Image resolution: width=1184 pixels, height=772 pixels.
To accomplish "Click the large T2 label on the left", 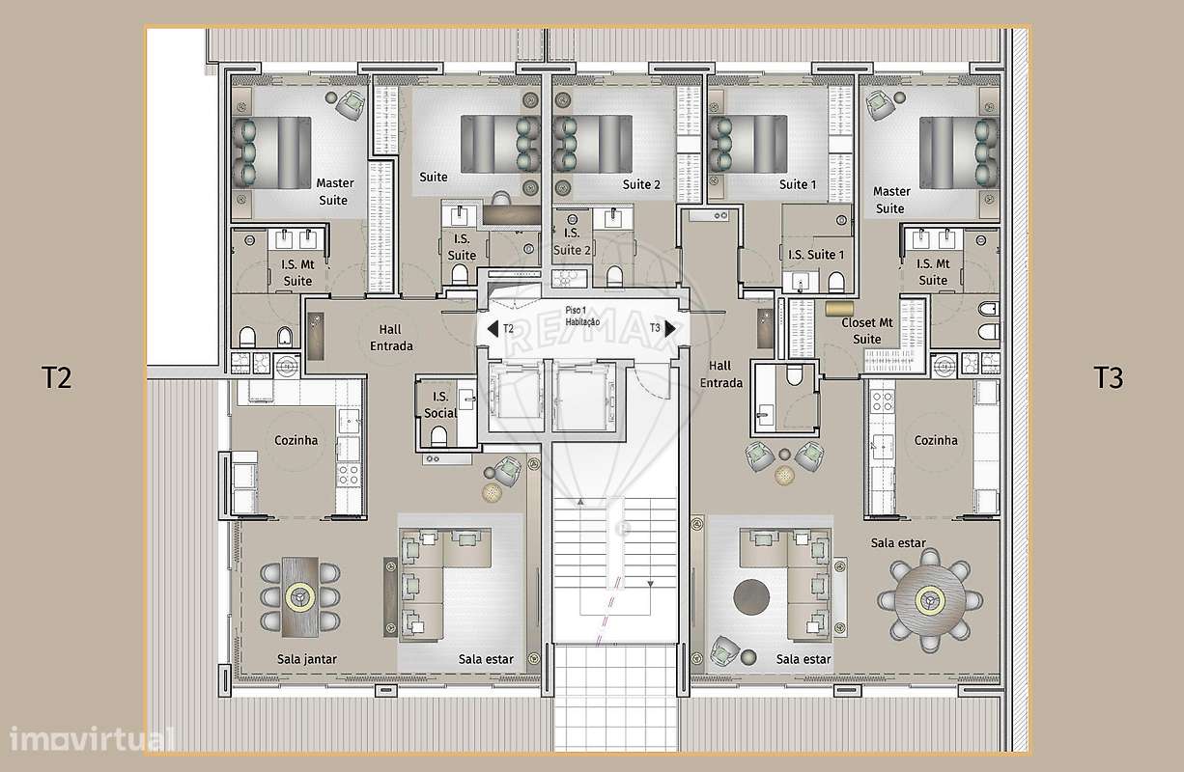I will [x=57, y=377].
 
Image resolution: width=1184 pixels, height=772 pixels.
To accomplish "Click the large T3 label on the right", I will [x=1109, y=377].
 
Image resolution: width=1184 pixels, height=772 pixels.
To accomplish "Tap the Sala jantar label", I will [x=306, y=659].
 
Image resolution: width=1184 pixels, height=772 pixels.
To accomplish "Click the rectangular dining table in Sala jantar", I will [x=300, y=596].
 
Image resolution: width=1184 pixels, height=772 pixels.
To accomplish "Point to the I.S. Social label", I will [x=440, y=404].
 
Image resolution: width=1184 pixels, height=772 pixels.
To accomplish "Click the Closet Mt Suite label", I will [x=867, y=331].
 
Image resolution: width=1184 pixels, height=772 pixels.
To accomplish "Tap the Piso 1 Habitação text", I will [x=582, y=316].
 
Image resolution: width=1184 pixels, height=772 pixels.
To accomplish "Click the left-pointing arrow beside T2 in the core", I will [x=492, y=329].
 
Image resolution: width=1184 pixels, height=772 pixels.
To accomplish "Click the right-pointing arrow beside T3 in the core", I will [x=671, y=329].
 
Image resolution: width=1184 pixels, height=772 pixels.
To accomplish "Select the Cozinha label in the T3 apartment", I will [x=936, y=440].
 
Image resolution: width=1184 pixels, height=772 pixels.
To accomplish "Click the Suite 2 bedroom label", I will [x=641, y=184].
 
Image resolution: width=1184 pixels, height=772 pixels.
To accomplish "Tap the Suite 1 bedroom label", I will [x=798, y=184].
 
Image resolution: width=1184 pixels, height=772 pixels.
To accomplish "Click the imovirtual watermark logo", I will [x=93, y=739].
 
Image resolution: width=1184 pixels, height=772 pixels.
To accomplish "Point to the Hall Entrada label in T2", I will [x=391, y=338].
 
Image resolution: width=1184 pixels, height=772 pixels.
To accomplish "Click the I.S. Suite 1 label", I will [x=816, y=255].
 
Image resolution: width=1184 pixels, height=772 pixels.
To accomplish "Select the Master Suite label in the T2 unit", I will [x=334, y=191].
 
